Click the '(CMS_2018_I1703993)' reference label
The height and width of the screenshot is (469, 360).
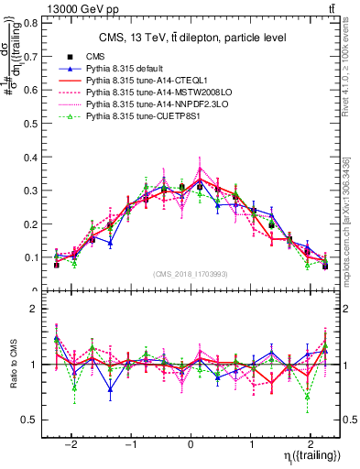click(x=191, y=275)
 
